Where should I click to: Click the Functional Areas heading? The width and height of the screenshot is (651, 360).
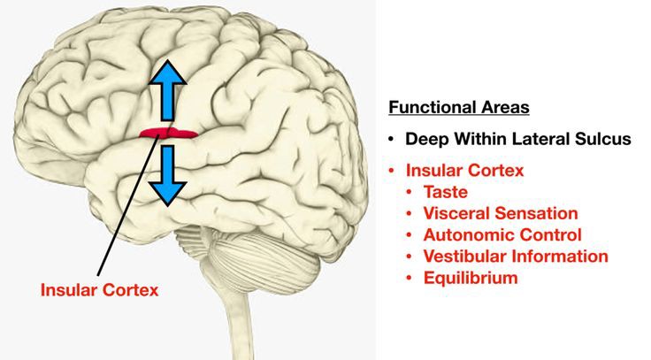point(458,108)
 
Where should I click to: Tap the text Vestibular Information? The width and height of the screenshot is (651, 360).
point(516,257)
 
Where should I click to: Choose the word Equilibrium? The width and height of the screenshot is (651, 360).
point(471,278)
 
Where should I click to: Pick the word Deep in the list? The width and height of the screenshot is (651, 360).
point(425,139)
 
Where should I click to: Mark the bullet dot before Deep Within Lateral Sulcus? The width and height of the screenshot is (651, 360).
point(391,140)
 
